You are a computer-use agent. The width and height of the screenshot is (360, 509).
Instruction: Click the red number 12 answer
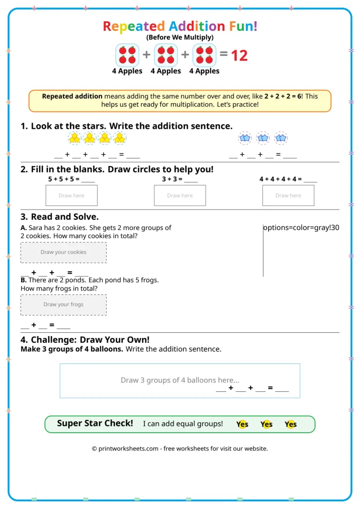click(239, 55)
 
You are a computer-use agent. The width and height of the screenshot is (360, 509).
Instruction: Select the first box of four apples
click(127, 55)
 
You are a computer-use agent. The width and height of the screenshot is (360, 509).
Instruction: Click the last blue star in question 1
click(281, 138)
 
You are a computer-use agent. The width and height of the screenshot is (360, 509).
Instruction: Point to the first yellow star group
click(75, 138)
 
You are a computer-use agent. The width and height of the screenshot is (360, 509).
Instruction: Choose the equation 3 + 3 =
click(172, 179)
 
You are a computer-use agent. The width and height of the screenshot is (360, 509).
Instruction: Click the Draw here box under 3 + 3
click(180, 195)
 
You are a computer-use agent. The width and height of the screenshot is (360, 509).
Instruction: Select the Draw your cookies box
click(64, 252)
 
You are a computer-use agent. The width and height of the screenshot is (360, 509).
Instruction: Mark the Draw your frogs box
click(64, 305)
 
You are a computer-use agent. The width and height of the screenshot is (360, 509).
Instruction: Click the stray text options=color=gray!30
click(301, 228)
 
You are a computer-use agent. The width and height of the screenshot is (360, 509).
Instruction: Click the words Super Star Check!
click(95, 423)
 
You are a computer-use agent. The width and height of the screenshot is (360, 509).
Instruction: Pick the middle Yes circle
click(266, 424)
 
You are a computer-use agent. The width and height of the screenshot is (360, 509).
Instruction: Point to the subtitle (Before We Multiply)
click(180, 37)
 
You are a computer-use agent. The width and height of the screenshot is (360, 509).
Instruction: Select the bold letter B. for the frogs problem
click(23, 280)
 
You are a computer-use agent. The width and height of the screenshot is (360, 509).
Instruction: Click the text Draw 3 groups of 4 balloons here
click(180, 380)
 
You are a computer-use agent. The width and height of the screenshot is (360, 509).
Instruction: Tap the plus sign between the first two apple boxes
click(147, 55)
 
